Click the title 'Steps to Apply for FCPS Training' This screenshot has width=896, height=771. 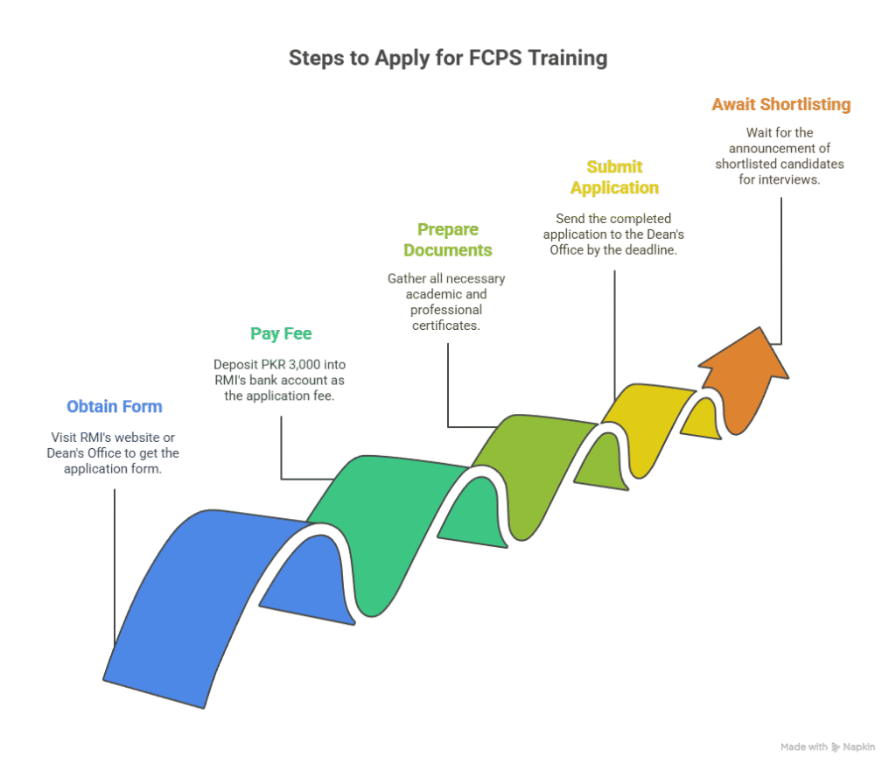tap(448, 59)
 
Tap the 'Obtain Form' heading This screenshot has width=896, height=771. tap(115, 406)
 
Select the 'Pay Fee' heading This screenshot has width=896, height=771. tap(281, 333)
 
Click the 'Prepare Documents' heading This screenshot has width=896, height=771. tap(448, 240)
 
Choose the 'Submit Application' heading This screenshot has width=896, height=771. tap(615, 177)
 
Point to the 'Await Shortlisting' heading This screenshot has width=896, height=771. tap(781, 105)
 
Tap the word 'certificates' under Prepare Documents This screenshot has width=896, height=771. tap(446, 326)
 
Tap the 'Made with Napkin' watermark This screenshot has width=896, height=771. tap(828, 747)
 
